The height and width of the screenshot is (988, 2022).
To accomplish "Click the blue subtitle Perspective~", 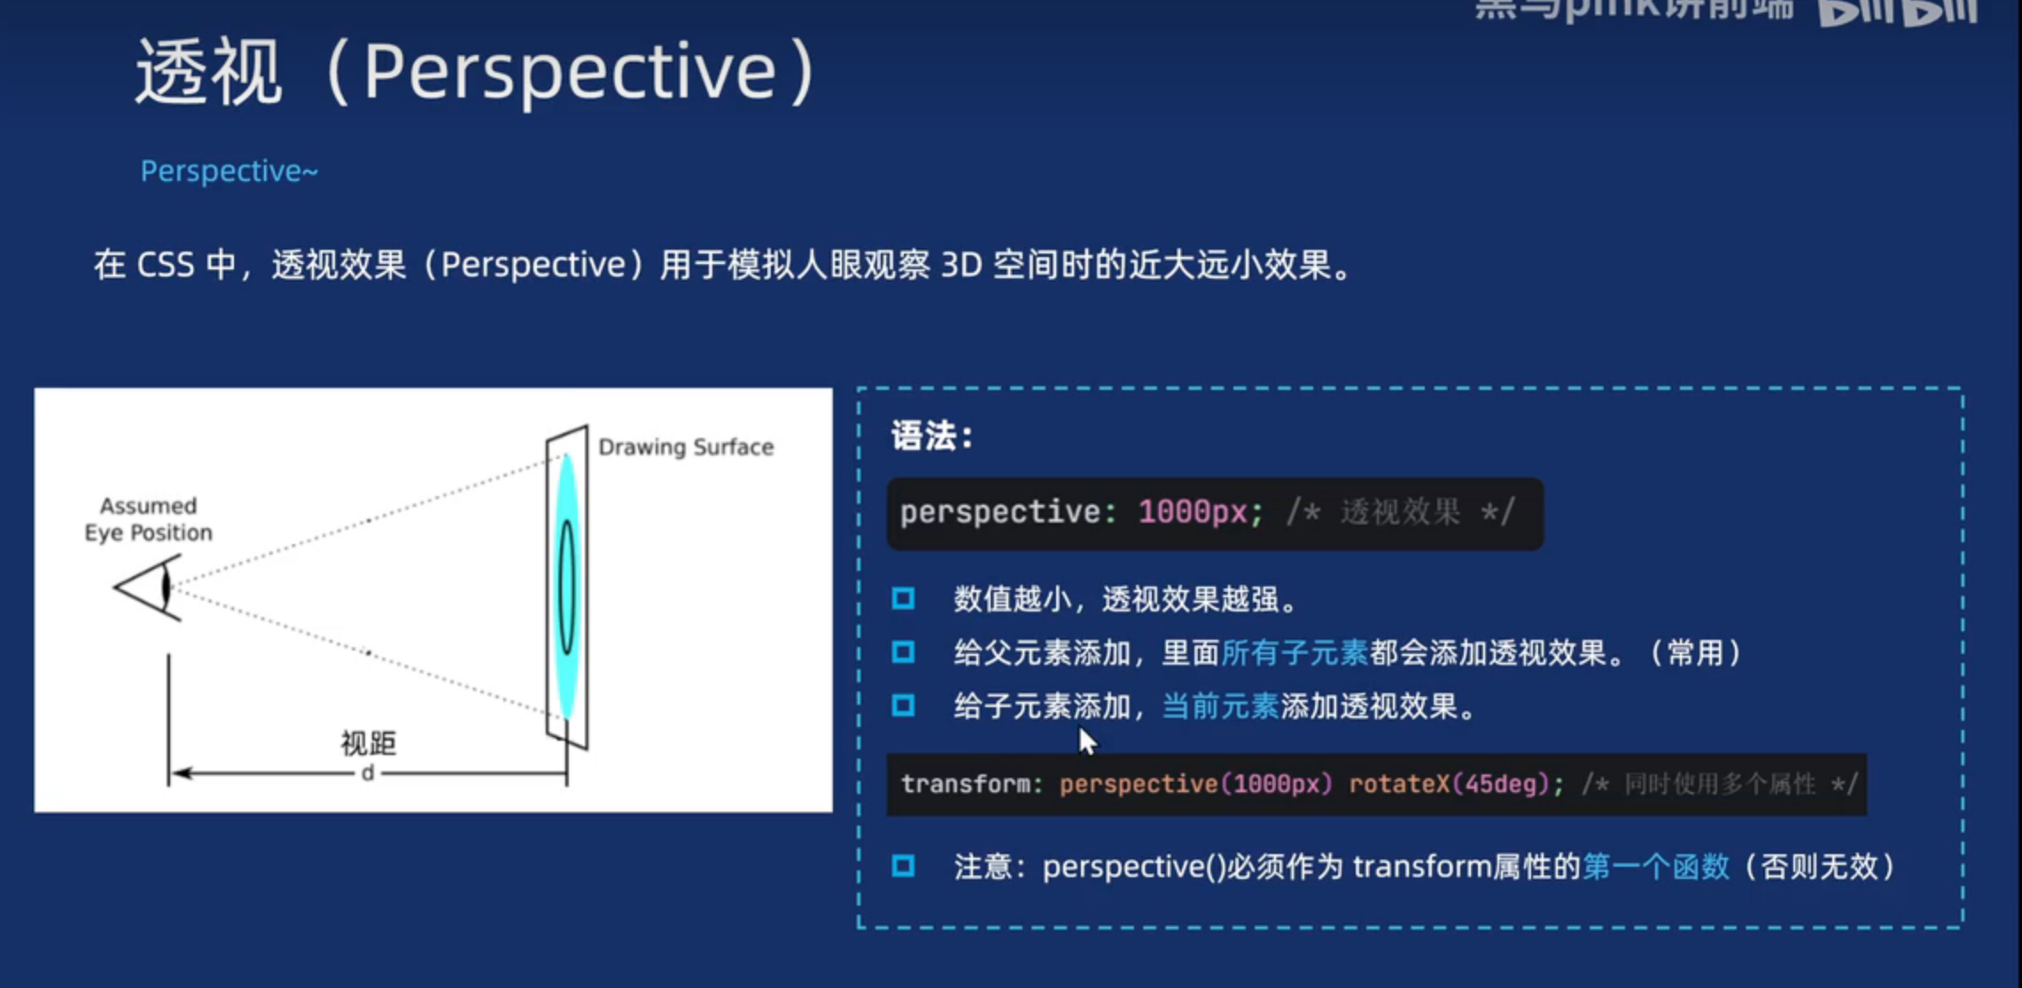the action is pyautogui.click(x=229, y=170).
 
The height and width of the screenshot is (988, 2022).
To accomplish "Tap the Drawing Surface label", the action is pyautogui.click(x=686, y=447).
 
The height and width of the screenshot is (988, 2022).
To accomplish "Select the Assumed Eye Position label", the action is pyautogui.click(x=149, y=519).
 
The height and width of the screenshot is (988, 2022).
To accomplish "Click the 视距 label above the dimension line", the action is pyautogui.click(x=369, y=743).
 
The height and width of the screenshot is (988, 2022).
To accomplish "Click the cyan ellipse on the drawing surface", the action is pyautogui.click(x=567, y=586).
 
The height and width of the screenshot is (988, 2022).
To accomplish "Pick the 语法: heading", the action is pyautogui.click(x=931, y=436).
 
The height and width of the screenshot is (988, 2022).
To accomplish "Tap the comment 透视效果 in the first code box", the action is pyautogui.click(x=1400, y=512).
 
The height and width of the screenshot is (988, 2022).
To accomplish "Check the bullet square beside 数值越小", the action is pyautogui.click(x=903, y=599).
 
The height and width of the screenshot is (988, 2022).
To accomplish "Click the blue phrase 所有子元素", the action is pyautogui.click(x=1295, y=653).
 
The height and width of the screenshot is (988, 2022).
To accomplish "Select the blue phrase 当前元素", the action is pyautogui.click(x=1220, y=706).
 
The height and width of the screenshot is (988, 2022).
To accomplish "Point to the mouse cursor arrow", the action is pyautogui.click(x=1087, y=741).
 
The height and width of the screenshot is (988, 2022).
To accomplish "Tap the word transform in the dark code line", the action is pyautogui.click(x=966, y=784).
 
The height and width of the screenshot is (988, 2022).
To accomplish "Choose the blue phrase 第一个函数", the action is pyautogui.click(x=1655, y=866).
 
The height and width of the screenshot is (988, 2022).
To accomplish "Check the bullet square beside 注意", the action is pyautogui.click(x=903, y=866).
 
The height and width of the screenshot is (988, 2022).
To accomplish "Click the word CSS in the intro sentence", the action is pyautogui.click(x=166, y=265).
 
